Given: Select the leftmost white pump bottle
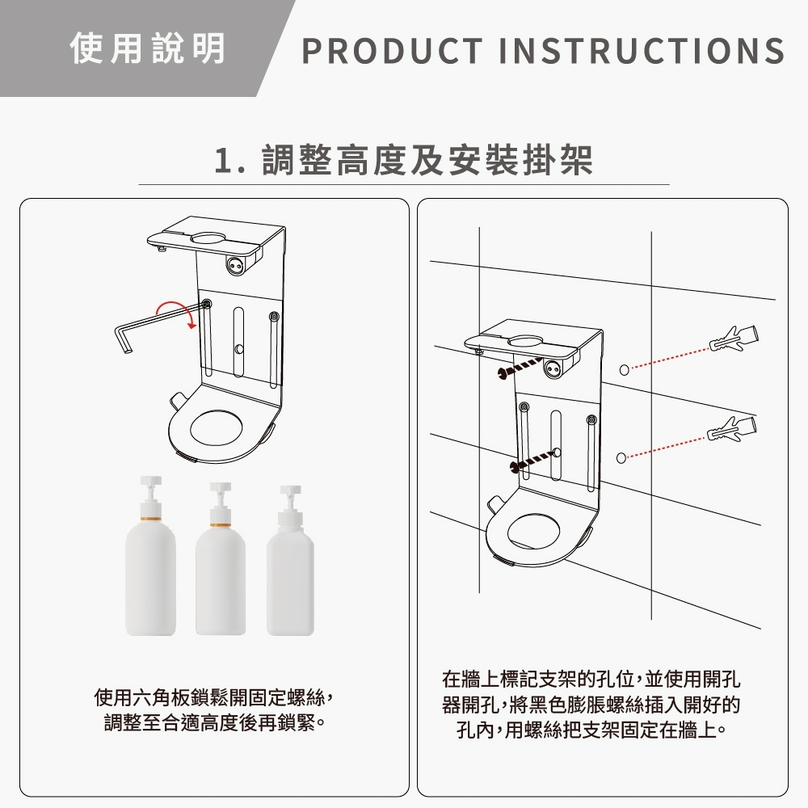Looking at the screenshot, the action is [x=150, y=556].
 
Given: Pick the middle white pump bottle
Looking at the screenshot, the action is [x=221, y=558].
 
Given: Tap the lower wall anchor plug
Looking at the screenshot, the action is [x=732, y=429].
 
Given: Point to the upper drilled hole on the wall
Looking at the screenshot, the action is [x=624, y=369].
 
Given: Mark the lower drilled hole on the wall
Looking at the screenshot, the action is [x=621, y=458].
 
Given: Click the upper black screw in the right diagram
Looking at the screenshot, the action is [x=520, y=367].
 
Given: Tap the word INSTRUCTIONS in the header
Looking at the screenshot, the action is [x=642, y=51].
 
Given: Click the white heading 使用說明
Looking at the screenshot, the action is [x=148, y=48].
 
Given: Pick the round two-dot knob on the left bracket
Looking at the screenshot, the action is [x=234, y=265].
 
